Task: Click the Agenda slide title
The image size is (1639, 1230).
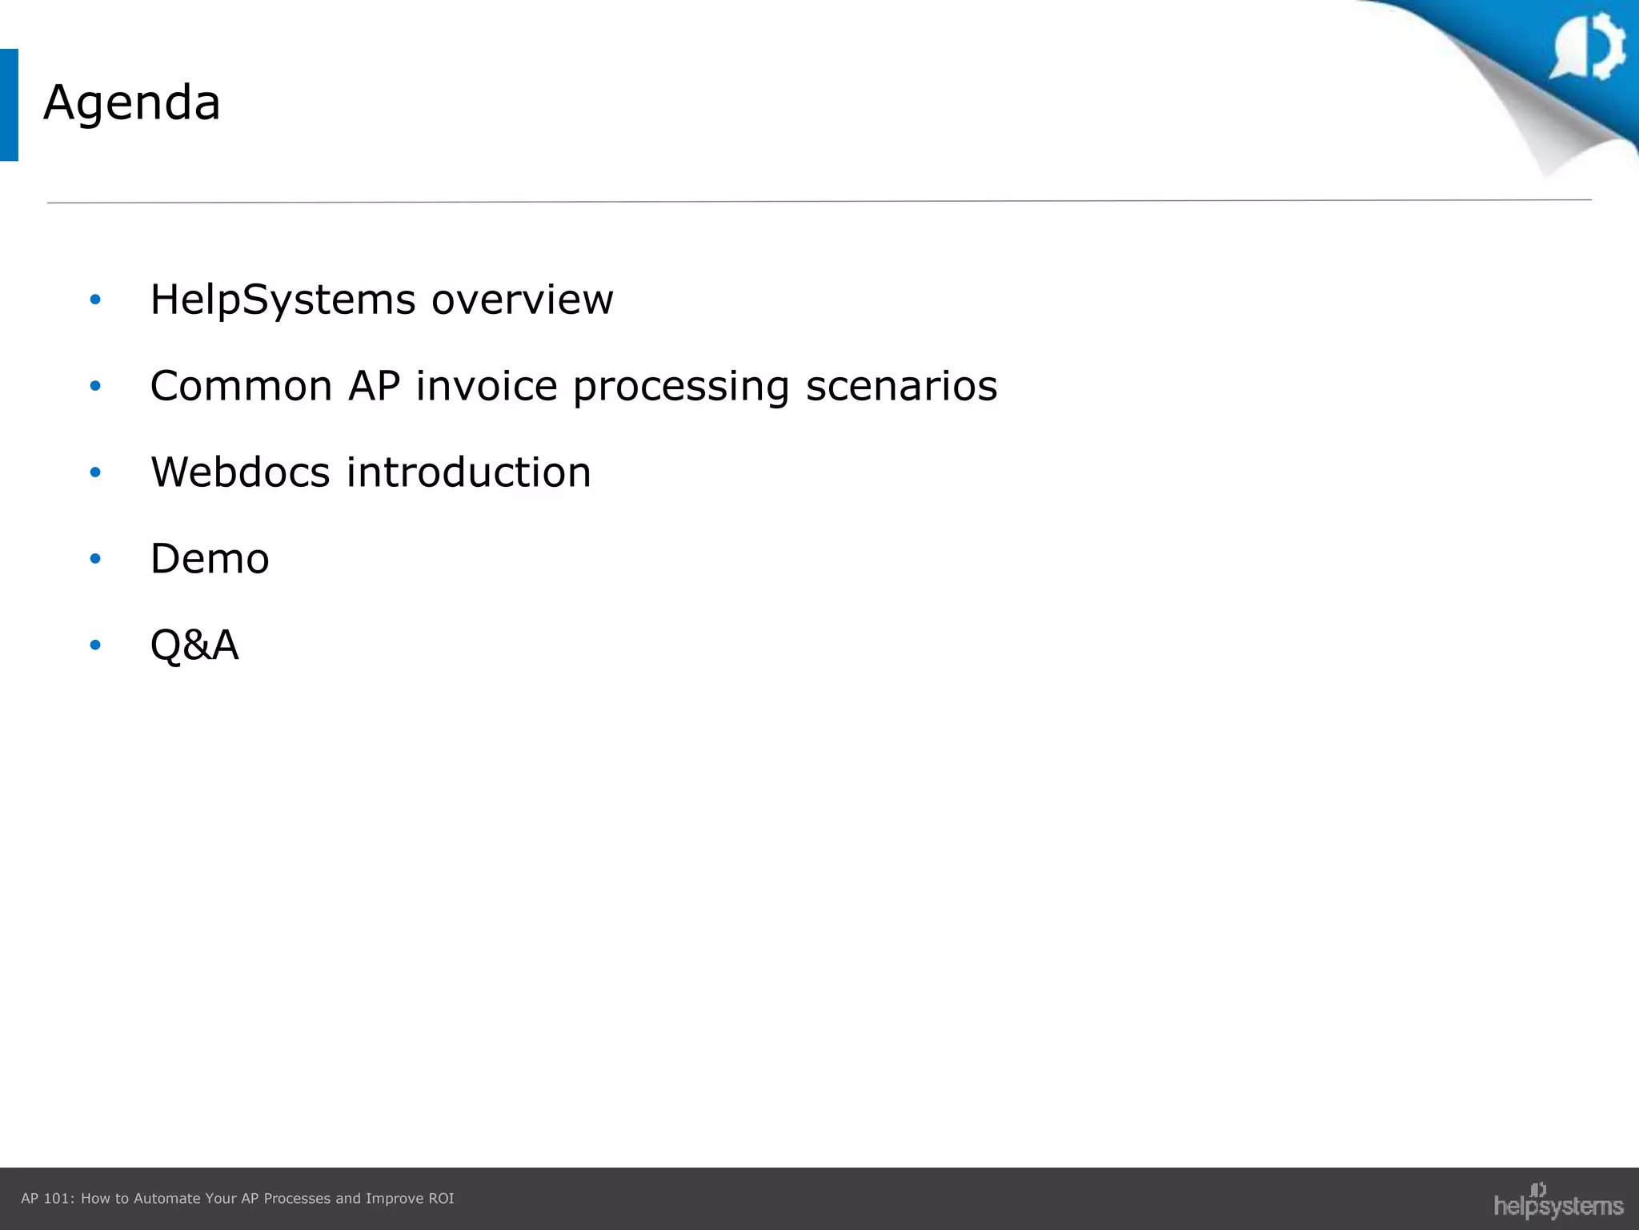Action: point(132,103)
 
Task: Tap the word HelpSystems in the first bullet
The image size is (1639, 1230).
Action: point(283,300)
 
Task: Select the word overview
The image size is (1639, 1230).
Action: point(522,300)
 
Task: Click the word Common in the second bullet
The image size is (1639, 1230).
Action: point(241,386)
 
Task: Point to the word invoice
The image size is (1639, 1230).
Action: point(486,386)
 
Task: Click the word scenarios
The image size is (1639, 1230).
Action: point(901,386)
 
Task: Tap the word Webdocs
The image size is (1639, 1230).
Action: point(240,472)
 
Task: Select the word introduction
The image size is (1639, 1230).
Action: point(468,472)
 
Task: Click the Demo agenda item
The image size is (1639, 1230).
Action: point(210,558)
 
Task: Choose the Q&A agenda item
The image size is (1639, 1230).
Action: point(194,645)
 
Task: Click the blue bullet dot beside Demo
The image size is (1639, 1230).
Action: point(95,558)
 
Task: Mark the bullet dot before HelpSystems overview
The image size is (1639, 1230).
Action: point(95,299)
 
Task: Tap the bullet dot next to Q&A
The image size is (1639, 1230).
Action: point(95,645)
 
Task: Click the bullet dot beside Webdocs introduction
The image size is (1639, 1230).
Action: point(95,472)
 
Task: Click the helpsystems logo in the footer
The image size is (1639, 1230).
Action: point(1557,1202)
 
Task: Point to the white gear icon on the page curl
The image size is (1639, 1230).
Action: point(1589,46)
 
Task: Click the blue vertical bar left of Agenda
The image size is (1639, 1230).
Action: point(9,105)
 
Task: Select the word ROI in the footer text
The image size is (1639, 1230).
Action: point(441,1199)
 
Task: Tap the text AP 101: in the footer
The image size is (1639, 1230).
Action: point(47,1199)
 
